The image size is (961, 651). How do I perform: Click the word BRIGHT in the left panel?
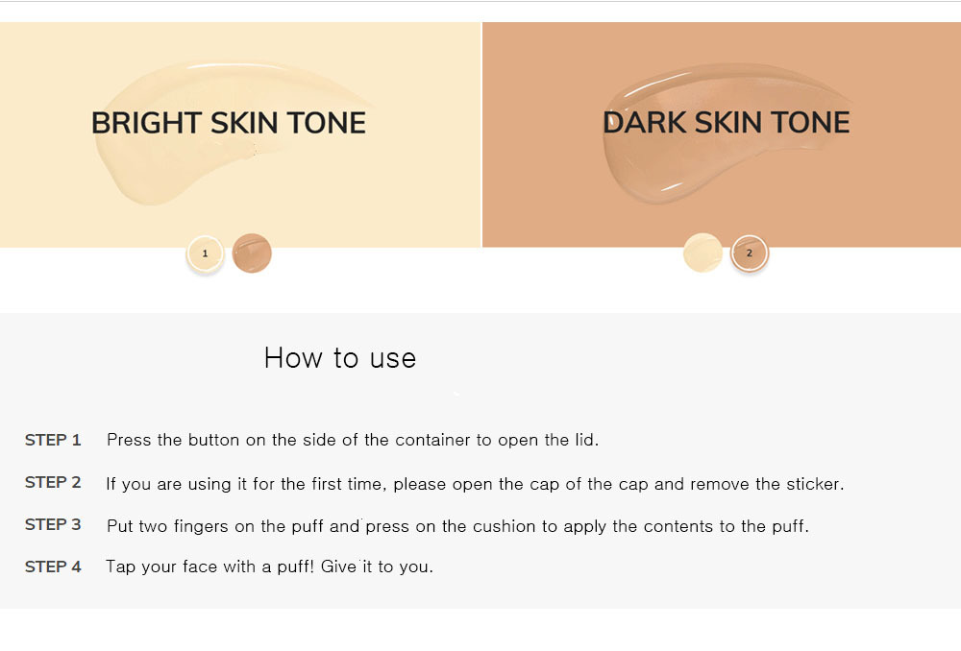(x=146, y=123)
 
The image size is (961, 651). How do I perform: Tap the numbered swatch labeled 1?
(x=206, y=253)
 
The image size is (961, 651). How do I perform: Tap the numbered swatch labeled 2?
(x=749, y=253)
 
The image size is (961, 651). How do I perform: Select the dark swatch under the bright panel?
(x=252, y=253)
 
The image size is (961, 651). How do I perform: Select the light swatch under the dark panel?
(x=703, y=253)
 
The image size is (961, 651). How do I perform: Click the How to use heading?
(x=340, y=357)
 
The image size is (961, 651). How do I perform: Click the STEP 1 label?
(x=53, y=440)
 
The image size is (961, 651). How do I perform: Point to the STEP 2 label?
(x=53, y=483)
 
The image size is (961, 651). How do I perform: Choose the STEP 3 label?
(x=53, y=524)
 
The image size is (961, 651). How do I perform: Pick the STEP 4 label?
(x=53, y=567)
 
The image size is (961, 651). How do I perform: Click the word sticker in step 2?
(x=815, y=484)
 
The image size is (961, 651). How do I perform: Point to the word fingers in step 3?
(x=201, y=527)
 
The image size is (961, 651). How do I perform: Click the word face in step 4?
(x=200, y=567)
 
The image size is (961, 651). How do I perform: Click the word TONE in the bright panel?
(x=326, y=123)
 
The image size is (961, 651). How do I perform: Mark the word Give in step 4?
(x=339, y=567)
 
